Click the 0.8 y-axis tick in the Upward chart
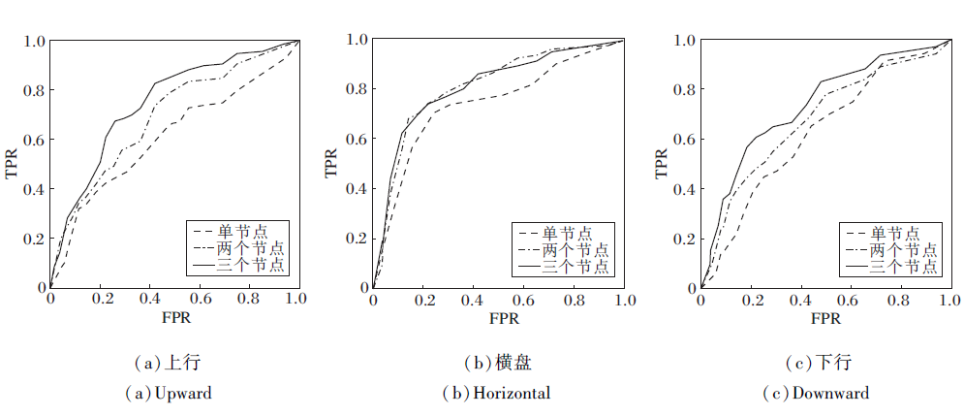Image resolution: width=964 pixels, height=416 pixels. [x=34, y=91]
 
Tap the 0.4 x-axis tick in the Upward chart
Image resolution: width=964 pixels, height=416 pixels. [x=150, y=302]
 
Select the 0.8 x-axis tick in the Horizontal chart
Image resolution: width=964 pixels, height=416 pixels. [x=574, y=302]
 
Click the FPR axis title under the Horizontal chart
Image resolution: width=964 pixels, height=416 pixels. [x=498, y=319]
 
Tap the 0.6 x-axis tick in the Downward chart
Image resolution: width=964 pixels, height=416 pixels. [x=851, y=302]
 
